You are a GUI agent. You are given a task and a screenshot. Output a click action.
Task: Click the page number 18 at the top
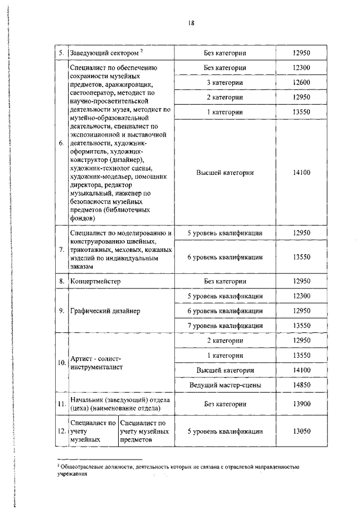192,22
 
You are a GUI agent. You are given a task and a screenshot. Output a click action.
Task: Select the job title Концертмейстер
95,280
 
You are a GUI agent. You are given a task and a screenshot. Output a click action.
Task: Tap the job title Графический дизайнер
105,310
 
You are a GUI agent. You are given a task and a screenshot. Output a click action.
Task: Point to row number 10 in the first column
61,363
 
